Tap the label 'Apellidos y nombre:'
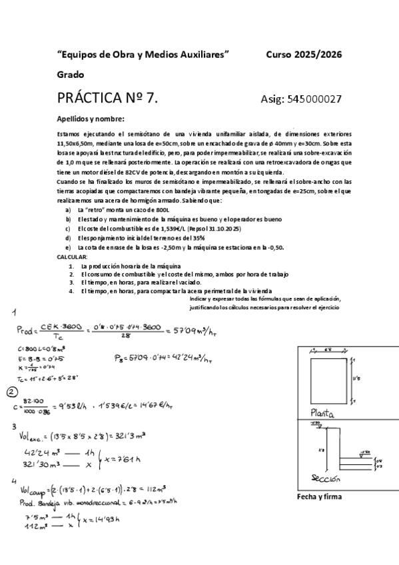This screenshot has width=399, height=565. coord(91,119)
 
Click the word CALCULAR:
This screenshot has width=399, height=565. coord(72,257)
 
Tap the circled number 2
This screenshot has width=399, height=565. coord(12,391)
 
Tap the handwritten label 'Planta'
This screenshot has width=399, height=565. coord(321,414)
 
